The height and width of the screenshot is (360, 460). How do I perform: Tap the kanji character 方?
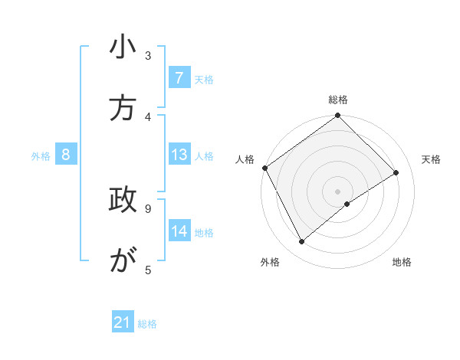click(123, 108)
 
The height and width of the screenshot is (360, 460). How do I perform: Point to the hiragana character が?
click(123, 260)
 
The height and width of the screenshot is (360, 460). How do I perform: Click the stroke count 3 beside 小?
click(148, 56)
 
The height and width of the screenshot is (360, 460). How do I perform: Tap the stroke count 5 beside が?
click(148, 269)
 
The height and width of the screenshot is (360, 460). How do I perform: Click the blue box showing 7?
click(179, 77)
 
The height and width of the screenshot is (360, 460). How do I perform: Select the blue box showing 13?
click(179, 155)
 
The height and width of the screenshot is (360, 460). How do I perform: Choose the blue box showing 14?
click(179, 231)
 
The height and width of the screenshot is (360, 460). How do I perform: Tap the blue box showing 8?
click(66, 155)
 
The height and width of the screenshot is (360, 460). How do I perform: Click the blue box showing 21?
click(123, 322)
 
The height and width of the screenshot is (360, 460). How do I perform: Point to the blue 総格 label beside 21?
click(147, 324)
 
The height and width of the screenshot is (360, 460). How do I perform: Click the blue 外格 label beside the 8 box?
click(41, 156)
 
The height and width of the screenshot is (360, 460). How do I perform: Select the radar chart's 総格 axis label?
click(338, 100)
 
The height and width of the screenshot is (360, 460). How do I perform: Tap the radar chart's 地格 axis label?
click(402, 262)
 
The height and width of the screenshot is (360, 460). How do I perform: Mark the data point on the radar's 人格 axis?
click(264, 168)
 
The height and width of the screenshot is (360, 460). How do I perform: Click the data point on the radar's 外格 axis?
click(301, 242)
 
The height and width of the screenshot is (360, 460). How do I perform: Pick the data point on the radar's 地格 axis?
click(347, 204)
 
